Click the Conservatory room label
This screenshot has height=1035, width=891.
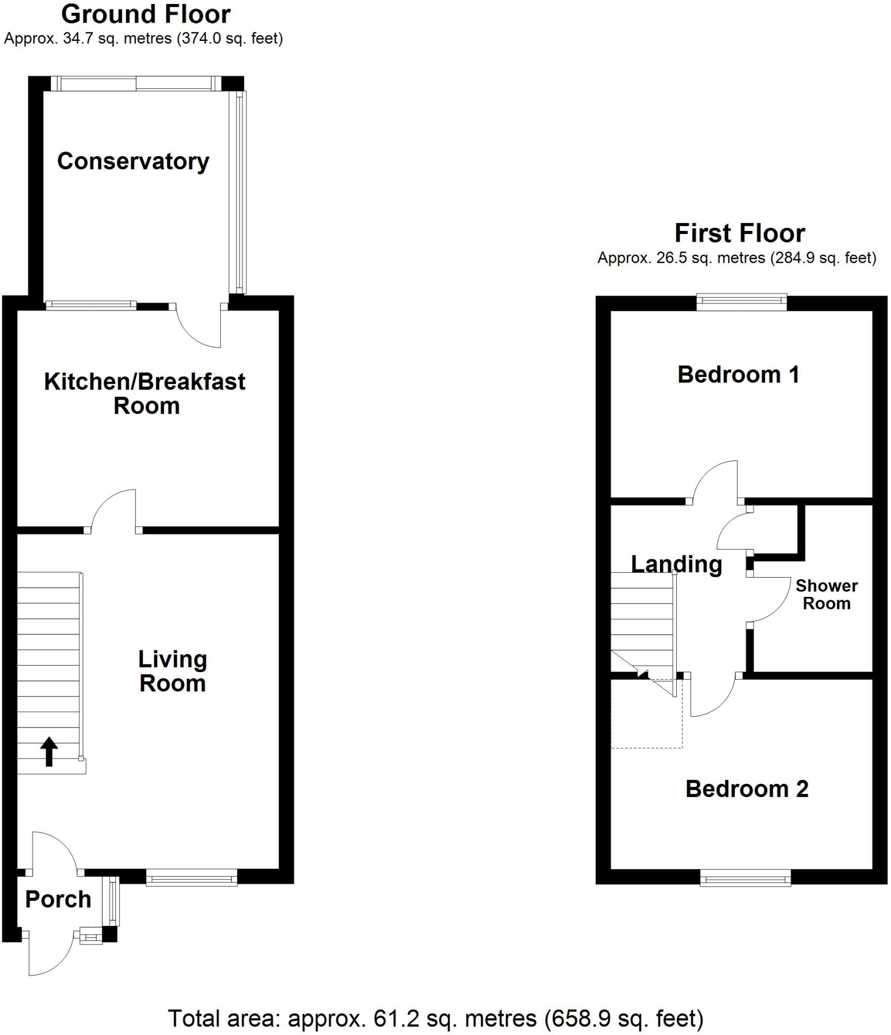point(133,162)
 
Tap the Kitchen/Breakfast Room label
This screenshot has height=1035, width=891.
point(145,394)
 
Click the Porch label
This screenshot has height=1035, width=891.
point(58,899)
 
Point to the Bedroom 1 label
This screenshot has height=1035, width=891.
point(738,375)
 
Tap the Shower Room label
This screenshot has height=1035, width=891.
point(826,594)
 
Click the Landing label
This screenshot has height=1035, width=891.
point(676,564)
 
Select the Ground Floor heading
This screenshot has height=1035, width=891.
point(146,14)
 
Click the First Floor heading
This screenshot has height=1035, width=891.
point(739,233)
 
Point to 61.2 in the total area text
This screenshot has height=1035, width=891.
point(396,1018)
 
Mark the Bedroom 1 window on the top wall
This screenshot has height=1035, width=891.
point(741,302)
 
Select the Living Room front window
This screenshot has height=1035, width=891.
point(192,877)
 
